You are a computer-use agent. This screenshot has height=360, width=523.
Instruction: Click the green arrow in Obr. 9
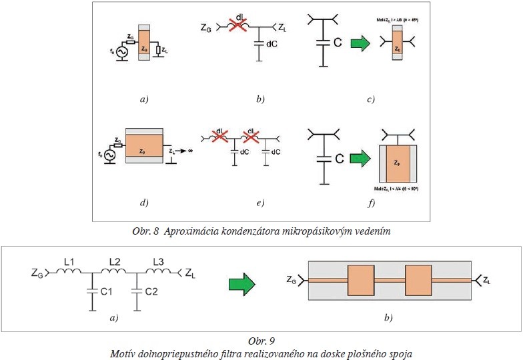[x=243, y=285]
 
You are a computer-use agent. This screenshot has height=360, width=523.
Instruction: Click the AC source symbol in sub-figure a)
[x=122, y=51]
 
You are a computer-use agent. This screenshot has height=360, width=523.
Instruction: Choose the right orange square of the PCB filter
[x=423, y=279]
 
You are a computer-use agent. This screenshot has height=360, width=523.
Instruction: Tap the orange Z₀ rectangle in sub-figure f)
[x=398, y=163]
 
